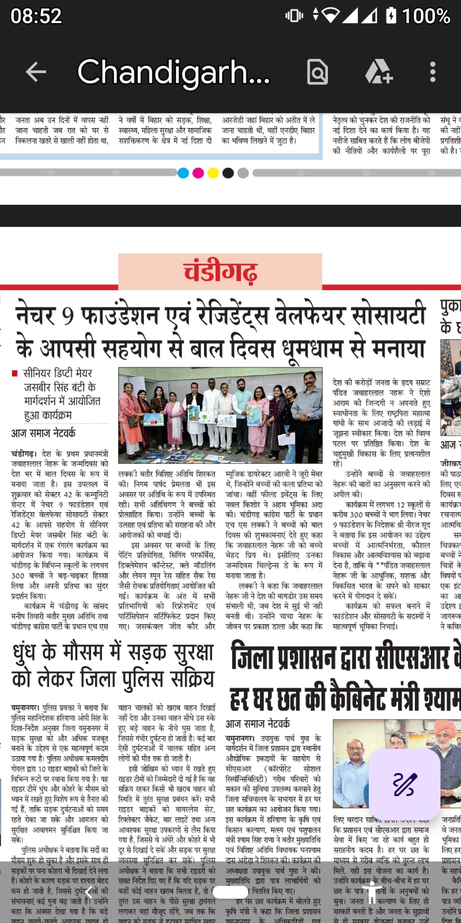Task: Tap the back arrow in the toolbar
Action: (36, 72)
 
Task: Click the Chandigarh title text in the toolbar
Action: (173, 72)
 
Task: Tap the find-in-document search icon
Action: (318, 72)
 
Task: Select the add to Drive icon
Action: (378, 72)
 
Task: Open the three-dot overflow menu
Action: (433, 72)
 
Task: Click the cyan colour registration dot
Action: (183, 172)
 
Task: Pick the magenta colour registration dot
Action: (198, 172)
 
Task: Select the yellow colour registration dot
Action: (213, 172)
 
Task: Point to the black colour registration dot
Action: (228, 172)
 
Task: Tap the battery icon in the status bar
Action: (391, 16)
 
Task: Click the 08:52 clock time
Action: (36, 16)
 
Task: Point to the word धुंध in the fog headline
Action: (32, 653)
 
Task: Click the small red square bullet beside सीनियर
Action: (15, 374)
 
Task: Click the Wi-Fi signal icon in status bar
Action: (331, 16)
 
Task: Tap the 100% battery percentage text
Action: (426, 16)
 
